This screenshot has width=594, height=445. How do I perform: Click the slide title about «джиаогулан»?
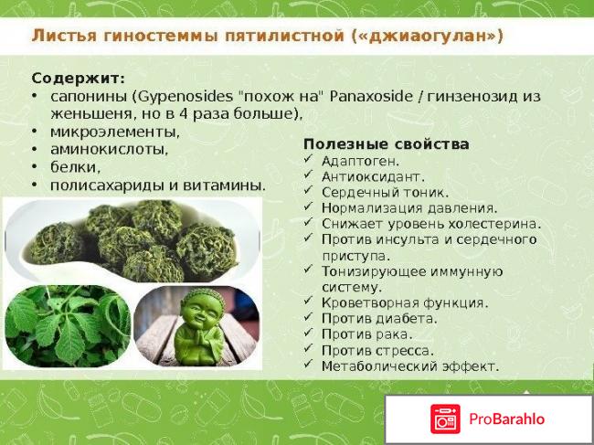pos(267,37)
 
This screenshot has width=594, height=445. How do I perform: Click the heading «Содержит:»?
pos(79,79)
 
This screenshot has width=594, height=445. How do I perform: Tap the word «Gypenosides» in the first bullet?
pos(213,96)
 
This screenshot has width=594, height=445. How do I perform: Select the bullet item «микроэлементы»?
pos(114,132)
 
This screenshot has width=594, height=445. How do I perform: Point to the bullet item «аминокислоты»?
pos(109,149)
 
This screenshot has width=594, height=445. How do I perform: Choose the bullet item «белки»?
pos(75,167)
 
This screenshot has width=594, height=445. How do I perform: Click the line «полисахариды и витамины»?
pos(157,185)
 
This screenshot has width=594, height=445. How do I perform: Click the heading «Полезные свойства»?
pos(387,144)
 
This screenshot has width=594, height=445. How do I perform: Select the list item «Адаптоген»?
pos(360,161)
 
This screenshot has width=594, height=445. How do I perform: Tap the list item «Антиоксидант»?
pos(372,176)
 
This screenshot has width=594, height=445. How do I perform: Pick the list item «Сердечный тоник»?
pos(385,193)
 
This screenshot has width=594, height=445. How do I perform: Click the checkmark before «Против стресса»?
pos(309,350)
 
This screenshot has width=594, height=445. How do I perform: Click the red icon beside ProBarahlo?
pos(445,419)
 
